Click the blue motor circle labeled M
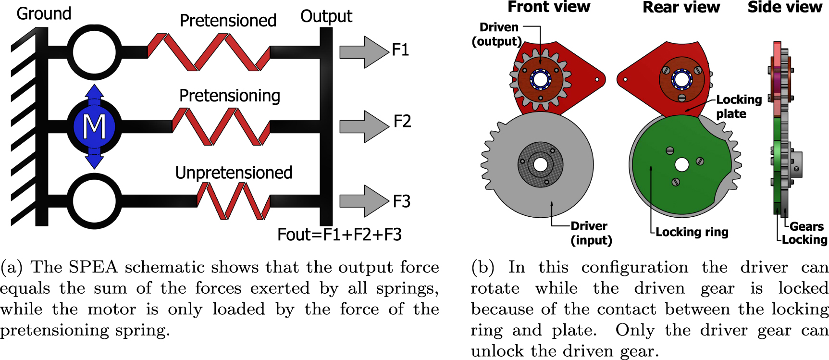tap(94, 127)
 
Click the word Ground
tap(44, 13)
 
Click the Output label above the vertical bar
tap(326, 16)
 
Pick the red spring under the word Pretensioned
tap(209, 52)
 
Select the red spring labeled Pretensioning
tap(221, 126)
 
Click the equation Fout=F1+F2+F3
tap(339, 235)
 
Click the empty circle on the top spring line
tap(94, 52)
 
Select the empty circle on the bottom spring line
tap(94, 201)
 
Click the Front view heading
tap(548, 7)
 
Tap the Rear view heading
tap(681, 7)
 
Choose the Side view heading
tap(784, 7)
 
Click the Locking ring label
tap(692, 232)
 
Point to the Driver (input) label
tap(591, 233)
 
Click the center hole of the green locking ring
tap(681, 165)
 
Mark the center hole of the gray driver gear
tap(540, 164)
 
